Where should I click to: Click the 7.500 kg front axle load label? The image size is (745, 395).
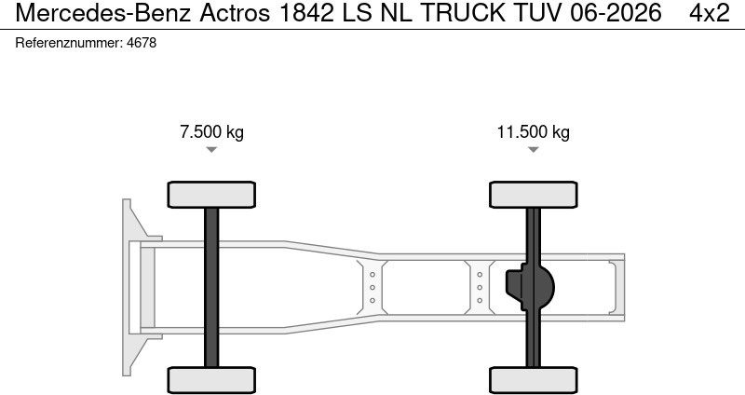pyautogui.click(x=211, y=131)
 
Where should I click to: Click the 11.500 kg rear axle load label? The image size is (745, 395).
pyautogui.click(x=533, y=131)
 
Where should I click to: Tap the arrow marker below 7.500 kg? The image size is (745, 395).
pyautogui.click(x=211, y=150)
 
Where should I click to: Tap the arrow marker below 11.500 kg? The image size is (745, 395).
pyautogui.click(x=533, y=150)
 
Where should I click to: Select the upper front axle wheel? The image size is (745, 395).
pyautogui.click(x=211, y=194)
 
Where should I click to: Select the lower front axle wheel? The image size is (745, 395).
pyautogui.click(x=211, y=379)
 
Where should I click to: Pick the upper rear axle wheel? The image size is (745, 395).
pyautogui.click(x=533, y=194)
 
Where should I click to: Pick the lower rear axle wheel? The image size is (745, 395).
pyautogui.click(x=533, y=379)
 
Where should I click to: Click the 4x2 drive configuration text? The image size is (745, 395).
pyautogui.click(x=709, y=13)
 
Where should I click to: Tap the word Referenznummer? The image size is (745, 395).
pyautogui.click(x=69, y=43)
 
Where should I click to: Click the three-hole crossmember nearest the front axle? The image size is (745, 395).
pyautogui.click(x=372, y=287)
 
